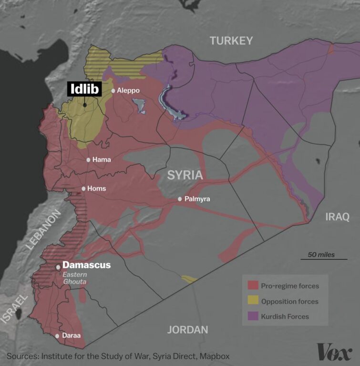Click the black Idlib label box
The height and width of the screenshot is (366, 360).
84,89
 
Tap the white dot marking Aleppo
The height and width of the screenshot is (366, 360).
113,91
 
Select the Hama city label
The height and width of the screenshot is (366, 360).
102,160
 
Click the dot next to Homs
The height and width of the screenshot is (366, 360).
83,189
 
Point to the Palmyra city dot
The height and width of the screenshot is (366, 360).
180,199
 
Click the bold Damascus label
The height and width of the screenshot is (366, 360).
86,265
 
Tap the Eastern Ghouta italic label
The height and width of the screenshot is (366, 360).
75,278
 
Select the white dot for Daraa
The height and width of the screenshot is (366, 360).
58,335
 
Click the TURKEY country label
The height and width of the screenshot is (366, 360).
231,41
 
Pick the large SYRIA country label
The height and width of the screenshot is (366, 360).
185,175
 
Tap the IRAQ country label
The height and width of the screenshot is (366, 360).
337,217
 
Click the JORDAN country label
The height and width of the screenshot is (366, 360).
188,330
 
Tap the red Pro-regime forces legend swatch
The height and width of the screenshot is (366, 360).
253,286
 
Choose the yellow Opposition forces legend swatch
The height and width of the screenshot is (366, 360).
253,301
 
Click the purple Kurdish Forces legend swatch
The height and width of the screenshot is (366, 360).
253,316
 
